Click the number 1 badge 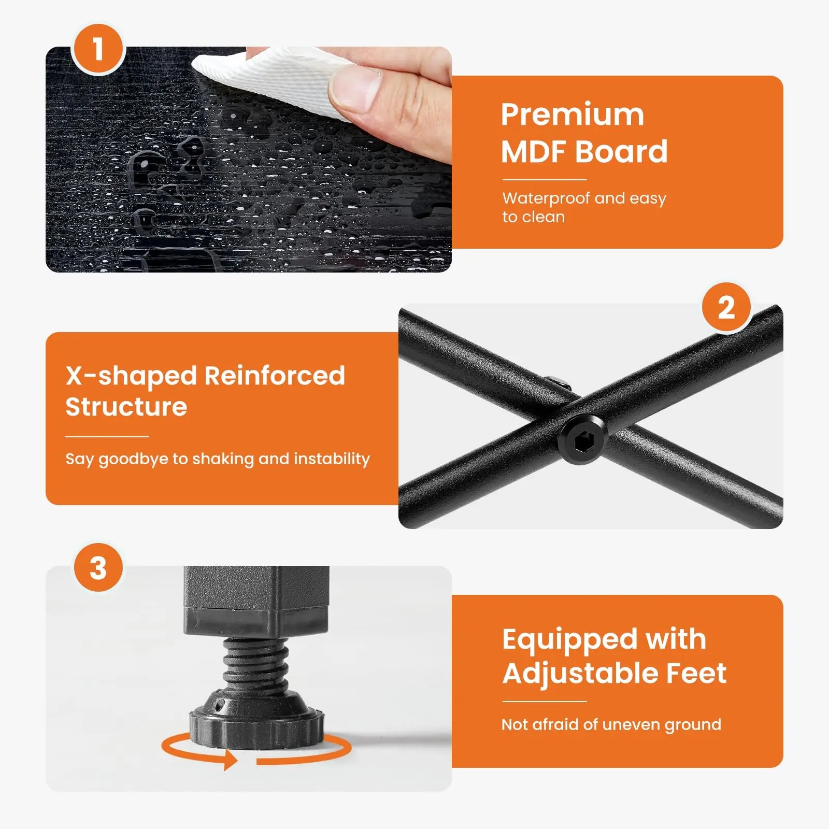pos(98,49)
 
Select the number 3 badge pos(98,568)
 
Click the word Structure pos(126,407)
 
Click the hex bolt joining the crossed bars pos(583,440)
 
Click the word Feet pos(696,673)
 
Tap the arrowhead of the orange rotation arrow pos(231,761)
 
